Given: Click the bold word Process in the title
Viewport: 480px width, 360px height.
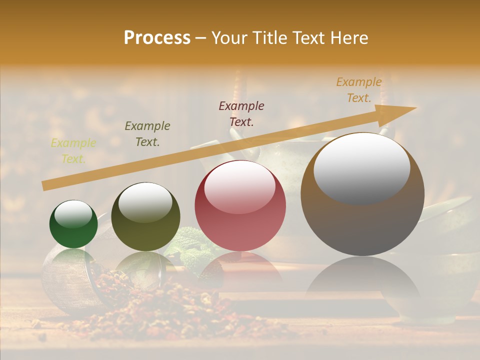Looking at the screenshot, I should (x=157, y=37).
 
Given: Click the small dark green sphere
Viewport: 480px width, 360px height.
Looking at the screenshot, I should (x=73, y=224).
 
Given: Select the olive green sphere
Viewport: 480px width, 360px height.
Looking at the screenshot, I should (x=145, y=217).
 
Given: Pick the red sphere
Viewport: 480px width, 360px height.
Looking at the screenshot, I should (x=240, y=205).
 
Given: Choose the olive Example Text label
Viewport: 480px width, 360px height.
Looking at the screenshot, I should (x=147, y=134).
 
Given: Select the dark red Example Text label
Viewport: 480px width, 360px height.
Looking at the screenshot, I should (x=241, y=113).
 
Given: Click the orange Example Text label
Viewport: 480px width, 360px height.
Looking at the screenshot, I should (x=359, y=90).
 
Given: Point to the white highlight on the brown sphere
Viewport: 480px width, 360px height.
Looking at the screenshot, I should (x=361, y=167).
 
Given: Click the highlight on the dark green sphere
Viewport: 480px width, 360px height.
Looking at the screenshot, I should (x=73, y=214).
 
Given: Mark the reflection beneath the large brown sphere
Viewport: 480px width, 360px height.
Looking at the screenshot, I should (x=362, y=280).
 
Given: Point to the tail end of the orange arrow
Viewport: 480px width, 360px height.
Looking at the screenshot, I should (x=45, y=186).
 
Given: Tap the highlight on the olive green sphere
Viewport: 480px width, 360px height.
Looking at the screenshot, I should (x=145, y=202).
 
